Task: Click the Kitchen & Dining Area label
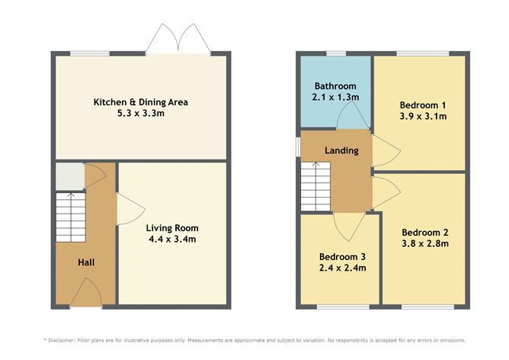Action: coord(140,102)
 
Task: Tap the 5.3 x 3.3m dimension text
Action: coord(140,114)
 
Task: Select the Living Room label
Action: coord(172,227)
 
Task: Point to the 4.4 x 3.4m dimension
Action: coord(172,239)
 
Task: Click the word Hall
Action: coord(86,263)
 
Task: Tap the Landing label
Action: coord(341,150)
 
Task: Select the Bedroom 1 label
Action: coord(422,105)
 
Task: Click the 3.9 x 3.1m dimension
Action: coord(422,117)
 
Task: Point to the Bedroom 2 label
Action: coord(424,233)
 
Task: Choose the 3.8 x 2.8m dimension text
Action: coord(424,244)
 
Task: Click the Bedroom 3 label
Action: coord(342,256)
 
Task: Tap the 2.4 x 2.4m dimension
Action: coord(342,268)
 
